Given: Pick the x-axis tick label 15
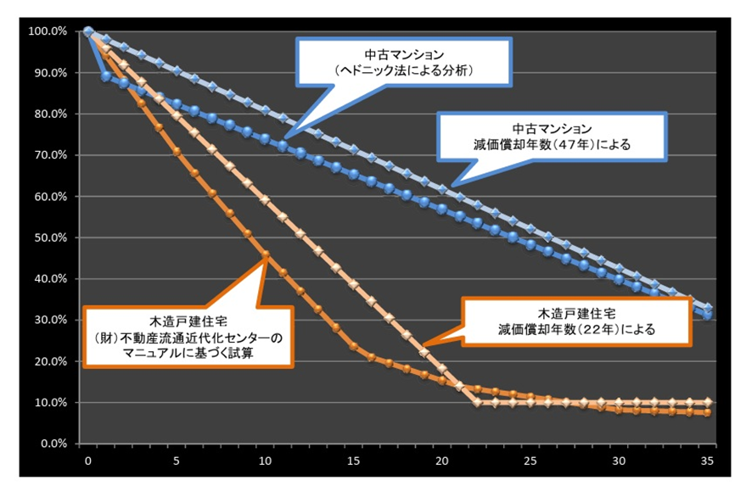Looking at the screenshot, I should click(354, 461).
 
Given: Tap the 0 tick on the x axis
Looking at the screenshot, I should click(87, 461).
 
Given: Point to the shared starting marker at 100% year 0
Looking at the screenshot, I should click(88, 31).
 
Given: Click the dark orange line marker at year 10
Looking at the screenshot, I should click(265, 254).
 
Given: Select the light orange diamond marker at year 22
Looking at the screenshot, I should click(478, 402).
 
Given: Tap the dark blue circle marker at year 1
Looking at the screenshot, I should click(105, 76).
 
